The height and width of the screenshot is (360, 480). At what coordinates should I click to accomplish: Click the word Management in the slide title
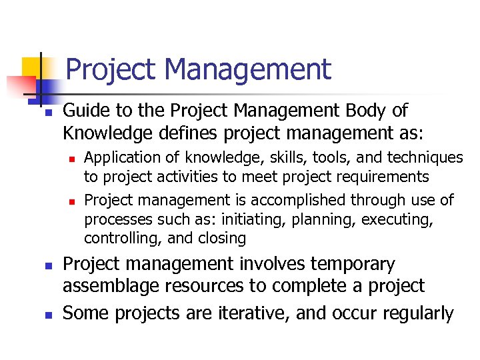pyautogui.click(x=249, y=69)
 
